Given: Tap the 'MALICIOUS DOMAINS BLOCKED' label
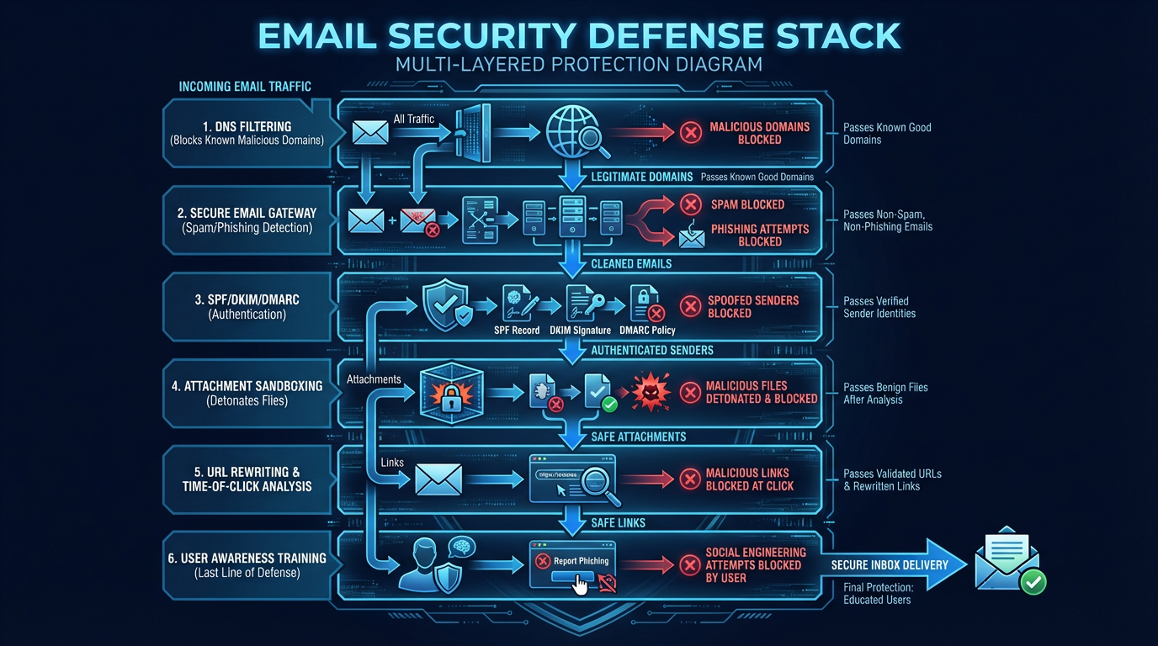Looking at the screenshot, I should pyautogui.click(x=759, y=133).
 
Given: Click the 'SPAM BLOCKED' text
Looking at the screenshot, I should pyautogui.click(x=747, y=204).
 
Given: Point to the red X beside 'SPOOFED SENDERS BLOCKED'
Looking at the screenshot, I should pyautogui.click(x=690, y=306).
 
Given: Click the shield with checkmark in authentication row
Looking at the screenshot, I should pyautogui.click(x=444, y=305).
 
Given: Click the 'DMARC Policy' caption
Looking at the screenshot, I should pyautogui.click(x=646, y=331).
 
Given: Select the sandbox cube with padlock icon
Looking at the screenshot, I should pyautogui.click(x=452, y=393).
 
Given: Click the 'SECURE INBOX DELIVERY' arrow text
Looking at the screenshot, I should pyautogui.click(x=889, y=565).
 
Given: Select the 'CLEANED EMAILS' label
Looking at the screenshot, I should pyautogui.click(x=631, y=263).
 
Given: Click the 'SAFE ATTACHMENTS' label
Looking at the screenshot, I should pyautogui.click(x=638, y=437).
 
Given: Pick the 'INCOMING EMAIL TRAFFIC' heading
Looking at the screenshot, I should pyautogui.click(x=245, y=87).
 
